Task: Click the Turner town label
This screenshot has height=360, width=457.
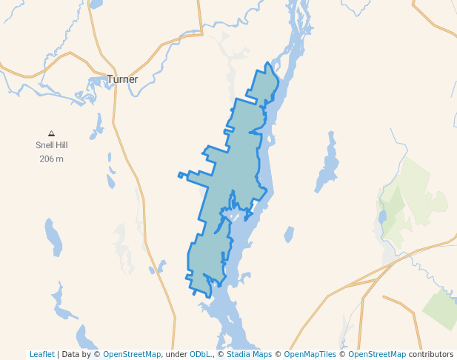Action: (x=122, y=79)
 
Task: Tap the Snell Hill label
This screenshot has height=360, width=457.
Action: (x=51, y=146)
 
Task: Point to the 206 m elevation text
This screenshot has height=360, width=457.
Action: (x=51, y=159)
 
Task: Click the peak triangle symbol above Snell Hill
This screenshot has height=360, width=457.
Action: (x=51, y=133)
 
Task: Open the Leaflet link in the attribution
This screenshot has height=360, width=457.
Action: (x=41, y=354)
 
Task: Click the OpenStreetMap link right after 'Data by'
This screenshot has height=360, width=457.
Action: (x=132, y=354)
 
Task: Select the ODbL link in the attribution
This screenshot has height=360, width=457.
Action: (x=199, y=354)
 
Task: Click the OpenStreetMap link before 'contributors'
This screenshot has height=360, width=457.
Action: (x=377, y=354)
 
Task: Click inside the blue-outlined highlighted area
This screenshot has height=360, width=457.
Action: (x=237, y=163)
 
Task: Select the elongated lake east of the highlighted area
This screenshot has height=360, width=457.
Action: (x=327, y=164)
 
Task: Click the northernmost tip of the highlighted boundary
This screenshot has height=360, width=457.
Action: (x=267, y=65)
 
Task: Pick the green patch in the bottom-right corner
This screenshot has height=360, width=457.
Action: (x=442, y=307)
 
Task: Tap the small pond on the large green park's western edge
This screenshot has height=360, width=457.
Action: (x=382, y=217)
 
